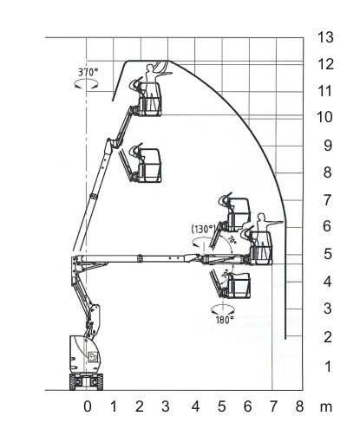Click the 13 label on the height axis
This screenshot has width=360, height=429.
326,37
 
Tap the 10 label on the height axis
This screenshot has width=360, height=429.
325,117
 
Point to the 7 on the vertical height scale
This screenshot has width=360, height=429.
327,200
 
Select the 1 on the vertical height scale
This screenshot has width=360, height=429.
328,367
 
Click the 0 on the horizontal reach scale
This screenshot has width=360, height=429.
88,406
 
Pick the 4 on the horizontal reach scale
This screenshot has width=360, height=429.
195,406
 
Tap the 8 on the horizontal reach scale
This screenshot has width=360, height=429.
299,406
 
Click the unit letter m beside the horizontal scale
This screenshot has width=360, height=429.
326,407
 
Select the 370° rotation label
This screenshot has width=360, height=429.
88,72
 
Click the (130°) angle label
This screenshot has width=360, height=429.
204,229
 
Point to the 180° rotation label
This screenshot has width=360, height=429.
225,320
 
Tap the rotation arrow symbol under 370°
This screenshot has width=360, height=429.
86,84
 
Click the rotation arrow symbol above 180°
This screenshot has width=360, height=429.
222,309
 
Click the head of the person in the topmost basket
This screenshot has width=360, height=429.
150,68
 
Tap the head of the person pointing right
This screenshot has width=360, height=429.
261,217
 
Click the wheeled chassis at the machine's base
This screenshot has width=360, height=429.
86,381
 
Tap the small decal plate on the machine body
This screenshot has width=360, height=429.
93,357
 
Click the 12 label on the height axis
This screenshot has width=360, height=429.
326,64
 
